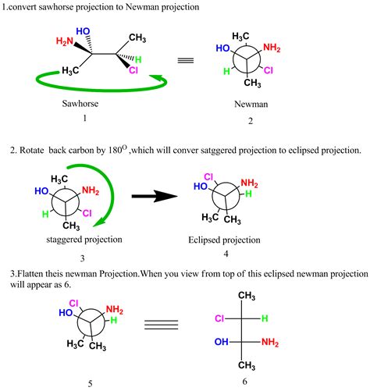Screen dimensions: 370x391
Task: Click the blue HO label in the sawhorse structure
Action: pyautogui.click(x=83, y=31)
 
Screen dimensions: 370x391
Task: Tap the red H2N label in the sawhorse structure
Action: pyautogui.click(x=65, y=41)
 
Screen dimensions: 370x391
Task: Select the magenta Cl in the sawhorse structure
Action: pyautogui.click(x=133, y=70)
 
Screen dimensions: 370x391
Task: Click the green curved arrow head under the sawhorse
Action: pyautogui.click(x=157, y=77)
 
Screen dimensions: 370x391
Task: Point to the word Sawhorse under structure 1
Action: pyautogui.click(x=80, y=104)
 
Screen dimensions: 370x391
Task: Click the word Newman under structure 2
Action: pyautogui.click(x=251, y=104)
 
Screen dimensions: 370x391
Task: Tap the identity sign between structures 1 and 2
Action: pyautogui.click(x=186, y=61)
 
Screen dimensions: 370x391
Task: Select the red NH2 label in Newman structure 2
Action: pyautogui.click(x=272, y=48)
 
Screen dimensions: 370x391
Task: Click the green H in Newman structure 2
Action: pyautogui.click(x=226, y=71)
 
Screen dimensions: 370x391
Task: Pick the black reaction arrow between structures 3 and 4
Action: pyautogui.click(x=155, y=196)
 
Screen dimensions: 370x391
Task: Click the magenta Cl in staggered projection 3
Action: pyautogui.click(x=87, y=214)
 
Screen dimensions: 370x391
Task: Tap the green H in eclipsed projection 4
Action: pyautogui.click(x=248, y=194)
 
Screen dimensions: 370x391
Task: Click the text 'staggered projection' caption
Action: pyautogui.click(x=84, y=240)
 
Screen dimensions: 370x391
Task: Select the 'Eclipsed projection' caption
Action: pyautogui.click(x=224, y=240)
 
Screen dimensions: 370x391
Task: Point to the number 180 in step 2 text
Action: pyautogui.click(x=115, y=151)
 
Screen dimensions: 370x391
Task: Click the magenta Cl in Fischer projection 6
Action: pyautogui.click(x=219, y=318)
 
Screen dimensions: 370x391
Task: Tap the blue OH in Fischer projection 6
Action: pyautogui.click(x=222, y=342)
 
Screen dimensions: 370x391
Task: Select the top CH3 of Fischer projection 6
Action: pyautogui.click(x=247, y=296)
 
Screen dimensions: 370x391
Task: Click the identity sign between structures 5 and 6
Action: pyautogui.click(x=162, y=325)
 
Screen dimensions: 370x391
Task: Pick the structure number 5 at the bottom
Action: pyautogui.click(x=91, y=384)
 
